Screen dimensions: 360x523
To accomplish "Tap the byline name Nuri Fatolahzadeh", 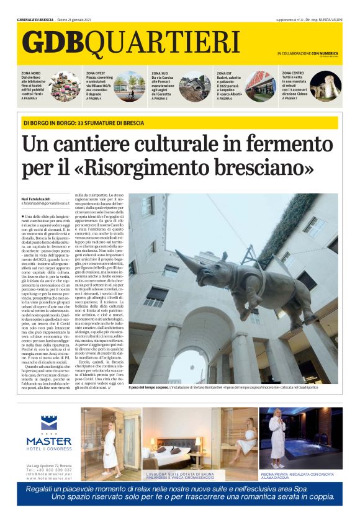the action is [x=38, y=198].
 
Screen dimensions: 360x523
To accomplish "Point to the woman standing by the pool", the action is [x=277, y=434].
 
